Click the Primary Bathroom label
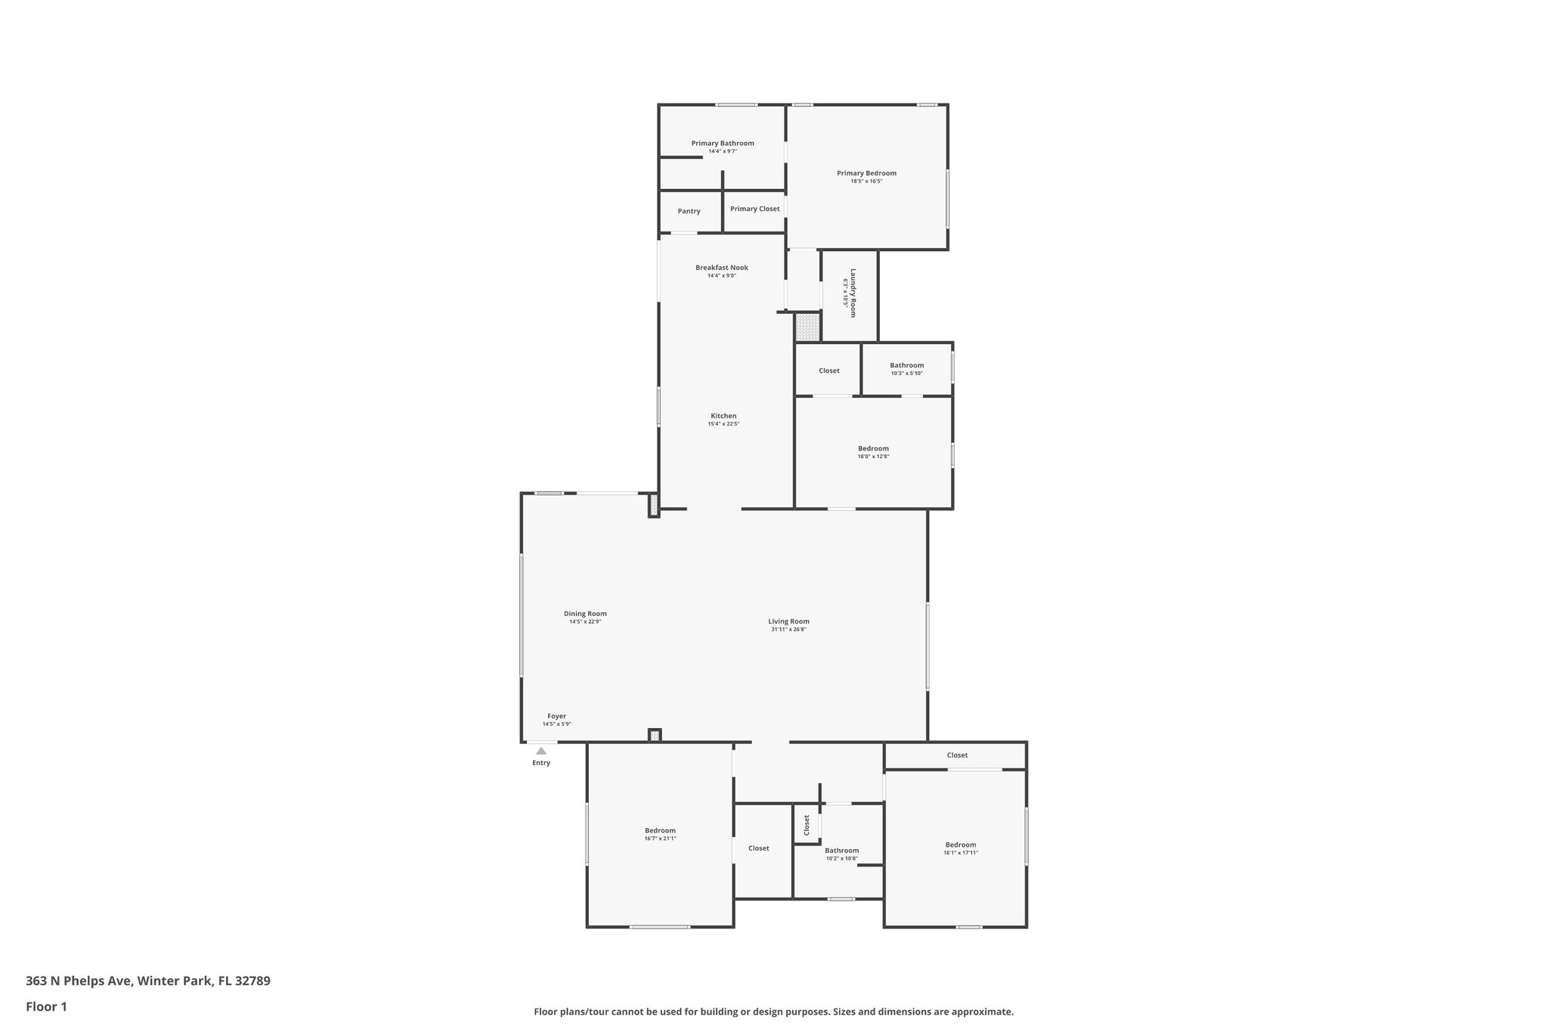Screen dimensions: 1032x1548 pyautogui.click(x=722, y=143)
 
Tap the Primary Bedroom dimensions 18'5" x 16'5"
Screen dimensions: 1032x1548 pyautogui.click(x=866, y=181)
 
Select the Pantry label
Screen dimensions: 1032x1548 pyautogui.click(x=689, y=212)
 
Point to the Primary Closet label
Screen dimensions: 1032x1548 pyautogui.click(x=754, y=209)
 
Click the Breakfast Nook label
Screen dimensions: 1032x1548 pyautogui.click(x=722, y=268)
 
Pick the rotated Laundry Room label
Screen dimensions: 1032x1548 pyautogui.click(x=853, y=293)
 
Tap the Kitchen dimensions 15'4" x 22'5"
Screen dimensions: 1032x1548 pyautogui.click(x=723, y=424)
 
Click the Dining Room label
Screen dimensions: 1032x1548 pyautogui.click(x=585, y=614)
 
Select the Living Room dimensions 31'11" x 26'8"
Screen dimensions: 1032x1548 pyautogui.click(x=788, y=630)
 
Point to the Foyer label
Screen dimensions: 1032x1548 pyautogui.click(x=556, y=716)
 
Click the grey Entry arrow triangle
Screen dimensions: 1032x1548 pyautogui.click(x=541, y=751)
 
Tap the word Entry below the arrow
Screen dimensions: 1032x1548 pyautogui.click(x=541, y=763)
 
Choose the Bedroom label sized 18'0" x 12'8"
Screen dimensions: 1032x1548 pyautogui.click(x=873, y=448)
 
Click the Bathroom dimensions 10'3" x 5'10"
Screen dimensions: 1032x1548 pyautogui.click(x=906, y=373)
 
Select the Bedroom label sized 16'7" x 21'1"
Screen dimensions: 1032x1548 pyautogui.click(x=660, y=830)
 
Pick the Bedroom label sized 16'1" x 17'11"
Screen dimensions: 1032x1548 pyautogui.click(x=960, y=845)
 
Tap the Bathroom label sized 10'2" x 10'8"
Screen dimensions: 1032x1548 pyautogui.click(x=841, y=851)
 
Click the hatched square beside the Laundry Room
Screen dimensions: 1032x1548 pyautogui.click(x=807, y=327)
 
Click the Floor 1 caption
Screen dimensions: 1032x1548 pyautogui.click(x=46, y=1006)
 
